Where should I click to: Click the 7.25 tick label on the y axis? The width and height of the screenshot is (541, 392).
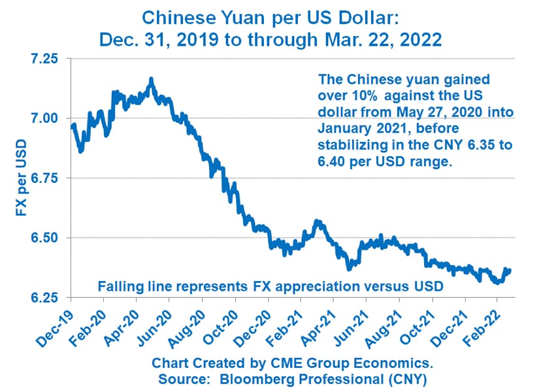tap(44, 59)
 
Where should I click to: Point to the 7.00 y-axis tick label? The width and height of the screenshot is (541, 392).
tap(44, 118)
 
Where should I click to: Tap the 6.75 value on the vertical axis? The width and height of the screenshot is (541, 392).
tap(44, 178)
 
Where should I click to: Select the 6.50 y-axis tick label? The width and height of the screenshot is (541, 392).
tap(44, 238)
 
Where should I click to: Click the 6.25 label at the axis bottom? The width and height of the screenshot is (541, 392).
tap(44, 298)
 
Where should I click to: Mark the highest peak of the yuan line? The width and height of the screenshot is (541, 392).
tap(151, 80)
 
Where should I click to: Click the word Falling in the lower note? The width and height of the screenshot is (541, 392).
tap(118, 286)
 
